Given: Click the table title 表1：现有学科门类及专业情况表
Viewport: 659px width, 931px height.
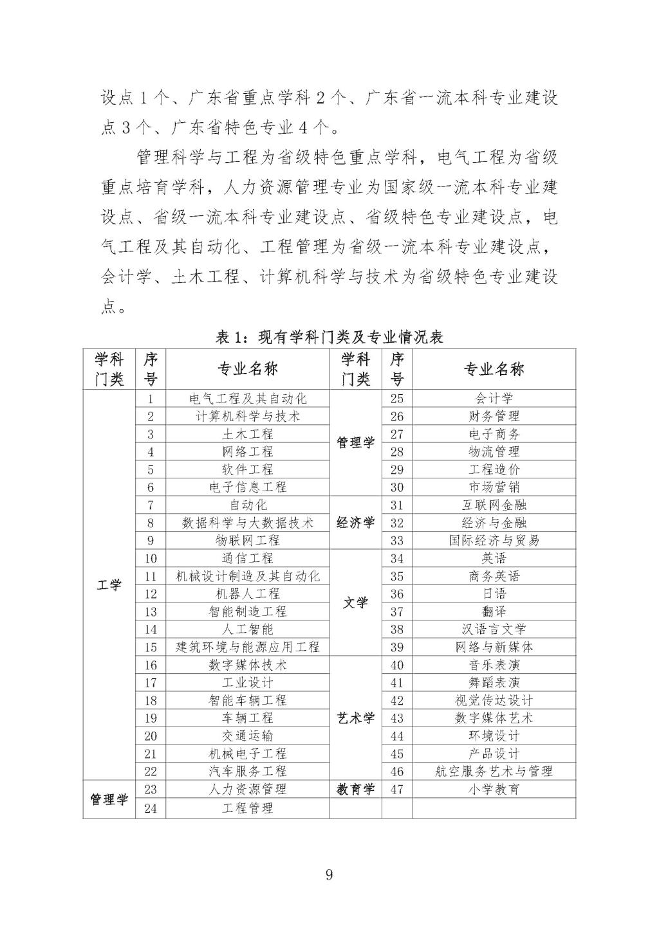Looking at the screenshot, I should pyautogui.click(x=329, y=337).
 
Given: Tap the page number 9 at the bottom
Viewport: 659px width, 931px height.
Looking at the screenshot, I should pyautogui.click(x=329, y=874).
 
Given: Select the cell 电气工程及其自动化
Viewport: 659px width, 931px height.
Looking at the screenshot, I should pyautogui.click(x=248, y=399).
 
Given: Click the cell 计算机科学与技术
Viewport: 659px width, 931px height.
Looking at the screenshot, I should pyautogui.click(x=248, y=416).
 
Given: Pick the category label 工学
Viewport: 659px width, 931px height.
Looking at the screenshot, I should pyautogui.click(x=109, y=585).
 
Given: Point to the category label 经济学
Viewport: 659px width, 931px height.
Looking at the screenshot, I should pyautogui.click(x=355, y=523).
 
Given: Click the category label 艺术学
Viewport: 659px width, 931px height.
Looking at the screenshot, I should pyautogui.click(x=355, y=718).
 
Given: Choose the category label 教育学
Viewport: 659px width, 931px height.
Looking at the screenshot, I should pyautogui.click(x=355, y=790).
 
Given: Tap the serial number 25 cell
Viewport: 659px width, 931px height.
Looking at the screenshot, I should pyautogui.click(x=397, y=399).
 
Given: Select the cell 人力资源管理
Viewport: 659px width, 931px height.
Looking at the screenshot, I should pyautogui.click(x=248, y=790).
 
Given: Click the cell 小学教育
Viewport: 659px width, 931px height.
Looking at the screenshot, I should pyautogui.click(x=494, y=790).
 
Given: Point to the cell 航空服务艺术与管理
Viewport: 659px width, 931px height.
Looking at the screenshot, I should pyautogui.click(x=494, y=772).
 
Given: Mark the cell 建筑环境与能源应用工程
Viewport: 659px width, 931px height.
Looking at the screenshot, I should pyautogui.click(x=248, y=647).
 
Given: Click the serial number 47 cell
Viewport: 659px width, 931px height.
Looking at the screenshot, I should pyautogui.click(x=397, y=790).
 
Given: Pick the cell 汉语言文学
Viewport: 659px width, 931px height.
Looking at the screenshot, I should pyautogui.click(x=494, y=629).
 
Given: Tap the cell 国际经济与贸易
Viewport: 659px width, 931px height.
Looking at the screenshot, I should pyautogui.click(x=494, y=541).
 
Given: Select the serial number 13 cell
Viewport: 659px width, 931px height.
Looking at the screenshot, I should pyautogui.click(x=151, y=611).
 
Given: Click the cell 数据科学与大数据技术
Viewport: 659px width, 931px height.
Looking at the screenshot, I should pyautogui.click(x=248, y=523).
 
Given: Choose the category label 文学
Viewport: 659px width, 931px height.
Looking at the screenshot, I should pyautogui.click(x=355, y=603).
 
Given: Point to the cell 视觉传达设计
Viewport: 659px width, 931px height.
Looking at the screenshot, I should pyautogui.click(x=494, y=700).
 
